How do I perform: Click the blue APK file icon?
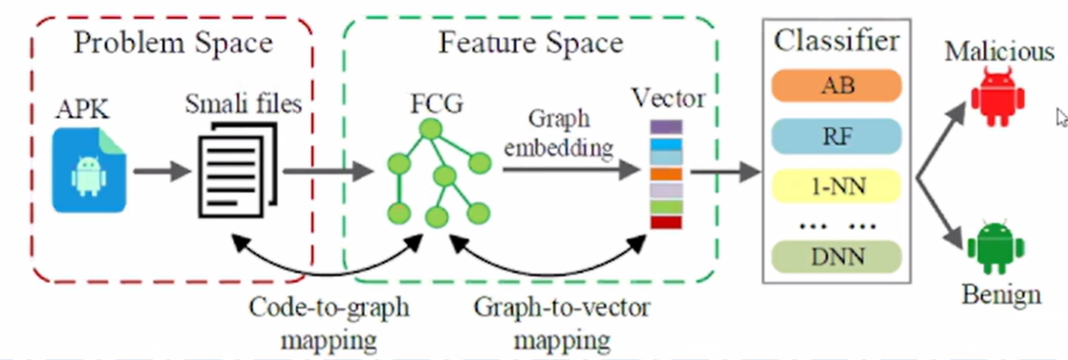(88, 171)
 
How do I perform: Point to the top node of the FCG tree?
(432, 129)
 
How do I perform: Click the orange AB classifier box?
(837, 85)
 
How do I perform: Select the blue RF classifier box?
(837, 137)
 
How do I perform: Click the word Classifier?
(836, 40)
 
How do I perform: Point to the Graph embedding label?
(559, 132)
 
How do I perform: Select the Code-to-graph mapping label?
(328, 323)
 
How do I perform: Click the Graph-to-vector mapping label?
(562, 323)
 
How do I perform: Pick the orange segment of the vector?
(666, 174)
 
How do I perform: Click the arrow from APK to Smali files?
(161, 171)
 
